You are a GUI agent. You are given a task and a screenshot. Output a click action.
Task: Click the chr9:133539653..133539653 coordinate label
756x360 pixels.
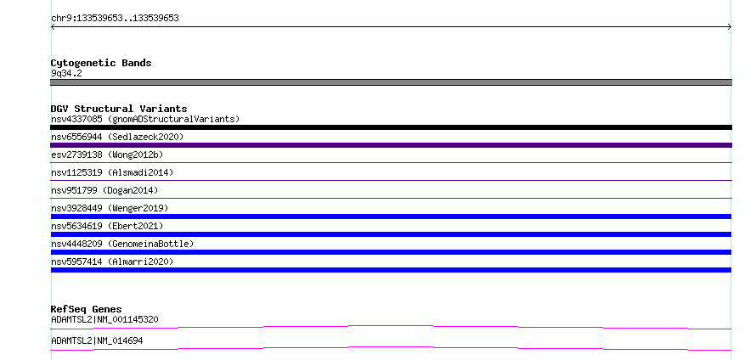115,19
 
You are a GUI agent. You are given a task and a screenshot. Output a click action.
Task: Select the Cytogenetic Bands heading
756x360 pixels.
101,63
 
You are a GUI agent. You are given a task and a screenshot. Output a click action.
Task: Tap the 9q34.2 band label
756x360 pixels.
66,73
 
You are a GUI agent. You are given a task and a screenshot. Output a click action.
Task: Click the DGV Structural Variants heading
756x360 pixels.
119,109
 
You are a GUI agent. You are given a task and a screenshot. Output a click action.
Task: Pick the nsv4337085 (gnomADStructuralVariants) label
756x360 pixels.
145,119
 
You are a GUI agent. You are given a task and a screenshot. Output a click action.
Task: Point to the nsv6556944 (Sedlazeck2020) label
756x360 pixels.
117,137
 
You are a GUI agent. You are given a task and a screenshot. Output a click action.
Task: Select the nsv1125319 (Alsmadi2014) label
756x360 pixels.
112,172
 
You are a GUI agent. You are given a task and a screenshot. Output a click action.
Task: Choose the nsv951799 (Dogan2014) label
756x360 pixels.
104,190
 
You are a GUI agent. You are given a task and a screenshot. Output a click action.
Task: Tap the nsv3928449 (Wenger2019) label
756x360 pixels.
110,208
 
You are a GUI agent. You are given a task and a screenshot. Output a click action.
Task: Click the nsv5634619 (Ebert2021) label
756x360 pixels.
107,226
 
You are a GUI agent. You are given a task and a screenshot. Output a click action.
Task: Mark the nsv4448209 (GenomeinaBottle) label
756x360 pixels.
122,244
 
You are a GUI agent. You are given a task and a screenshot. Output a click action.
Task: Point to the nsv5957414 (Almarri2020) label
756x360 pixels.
112,262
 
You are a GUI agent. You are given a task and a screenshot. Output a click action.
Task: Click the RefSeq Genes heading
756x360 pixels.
87,309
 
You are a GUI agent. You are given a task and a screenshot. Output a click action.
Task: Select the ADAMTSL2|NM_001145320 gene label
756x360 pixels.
104,319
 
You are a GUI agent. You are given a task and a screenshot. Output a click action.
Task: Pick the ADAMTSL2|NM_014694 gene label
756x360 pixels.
97,340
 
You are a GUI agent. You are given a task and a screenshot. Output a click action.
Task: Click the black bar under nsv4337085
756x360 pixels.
391,127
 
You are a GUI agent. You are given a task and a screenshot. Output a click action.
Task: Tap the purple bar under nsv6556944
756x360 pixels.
391,145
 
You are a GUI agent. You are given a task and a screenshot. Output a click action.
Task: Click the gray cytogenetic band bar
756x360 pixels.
391,82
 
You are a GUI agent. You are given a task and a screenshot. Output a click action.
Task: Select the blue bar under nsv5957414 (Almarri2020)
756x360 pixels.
391,270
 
